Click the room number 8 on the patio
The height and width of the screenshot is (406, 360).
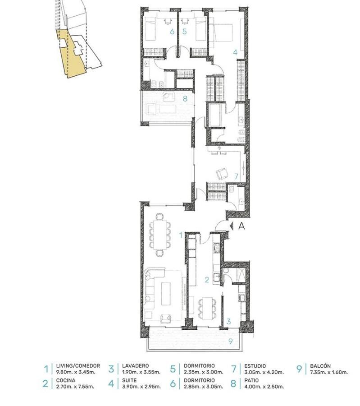click(x=185, y=99)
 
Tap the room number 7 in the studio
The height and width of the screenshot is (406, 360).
click(x=236, y=176)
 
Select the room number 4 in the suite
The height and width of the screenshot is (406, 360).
click(x=235, y=52)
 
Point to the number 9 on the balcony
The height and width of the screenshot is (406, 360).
click(x=231, y=341)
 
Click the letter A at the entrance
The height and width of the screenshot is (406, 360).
click(x=242, y=226)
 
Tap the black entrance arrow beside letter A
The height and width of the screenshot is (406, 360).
click(x=232, y=226)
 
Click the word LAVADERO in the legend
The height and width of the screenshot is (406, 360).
click(x=136, y=366)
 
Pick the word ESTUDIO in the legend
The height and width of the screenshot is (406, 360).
click(x=255, y=366)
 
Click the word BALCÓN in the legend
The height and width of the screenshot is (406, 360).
click(x=320, y=366)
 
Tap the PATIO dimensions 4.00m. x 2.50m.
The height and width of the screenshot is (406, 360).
click(x=264, y=387)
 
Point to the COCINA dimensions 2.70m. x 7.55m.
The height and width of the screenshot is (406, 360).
click(x=75, y=387)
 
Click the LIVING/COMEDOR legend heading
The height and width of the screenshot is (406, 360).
click(x=78, y=366)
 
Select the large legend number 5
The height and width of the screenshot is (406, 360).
click(x=173, y=369)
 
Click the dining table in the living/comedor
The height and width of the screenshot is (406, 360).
click(x=160, y=234)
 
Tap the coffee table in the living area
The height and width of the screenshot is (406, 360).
click(x=166, y=293)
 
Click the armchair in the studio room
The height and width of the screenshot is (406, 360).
click(x=222, y=174)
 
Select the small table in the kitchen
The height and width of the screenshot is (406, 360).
click(x=207, y=308)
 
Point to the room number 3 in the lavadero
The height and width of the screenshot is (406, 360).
click(x=228, y=321)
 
